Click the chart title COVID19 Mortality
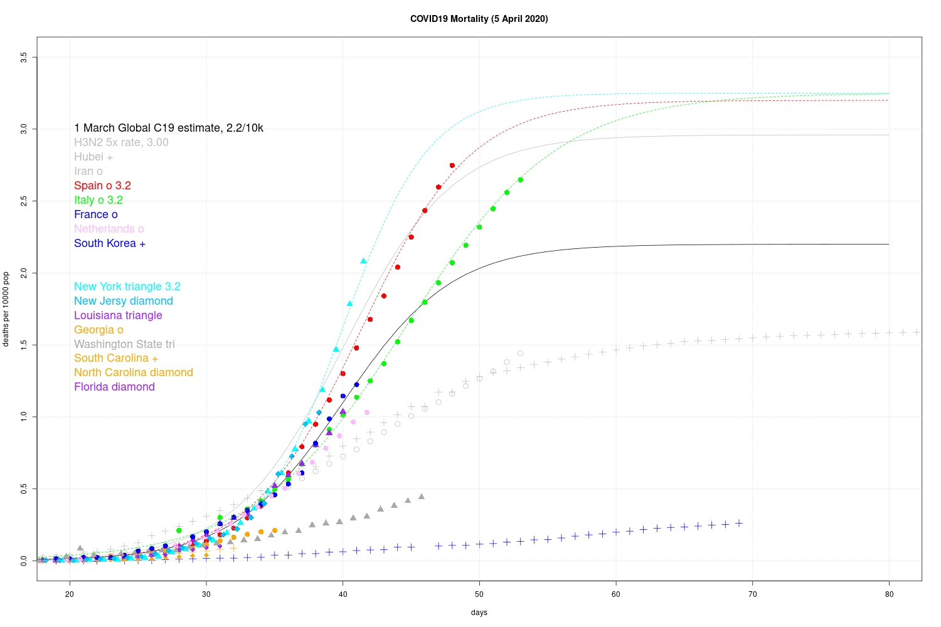coord(479,19)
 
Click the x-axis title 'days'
coord(479,613)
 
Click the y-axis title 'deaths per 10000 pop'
coord(6,308)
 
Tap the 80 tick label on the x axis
coord(889,594)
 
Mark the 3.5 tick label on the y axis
coord(24,57)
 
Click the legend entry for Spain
coord(102,186)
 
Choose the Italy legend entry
coord(98,200)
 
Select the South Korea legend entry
coord(110,243)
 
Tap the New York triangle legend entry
coord(127,287)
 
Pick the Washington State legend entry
coord(124,344)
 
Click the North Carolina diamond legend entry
coord(134,372)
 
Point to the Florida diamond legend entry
coord(114,387)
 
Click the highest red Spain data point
coord(452,166)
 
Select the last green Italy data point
coord(520,180)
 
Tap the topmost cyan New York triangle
coord(363,261)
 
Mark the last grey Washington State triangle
coord(422,497)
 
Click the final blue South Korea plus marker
coord(739,523)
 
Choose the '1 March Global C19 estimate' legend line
coord(169,128)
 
